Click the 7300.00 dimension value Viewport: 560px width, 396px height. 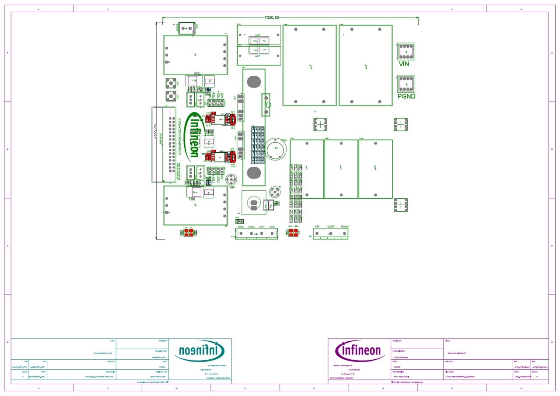[272, 18]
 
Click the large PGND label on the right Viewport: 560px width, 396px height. [406, 96]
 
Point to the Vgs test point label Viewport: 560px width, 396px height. [232, 187]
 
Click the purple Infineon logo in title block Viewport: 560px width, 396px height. [358, 350]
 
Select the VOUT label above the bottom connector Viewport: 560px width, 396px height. [331, 227]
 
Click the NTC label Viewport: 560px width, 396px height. [238, 217]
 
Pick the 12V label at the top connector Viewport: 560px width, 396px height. [197, 27]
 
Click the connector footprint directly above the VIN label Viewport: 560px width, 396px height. [406, 52]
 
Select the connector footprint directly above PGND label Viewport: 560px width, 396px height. [406, 84]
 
